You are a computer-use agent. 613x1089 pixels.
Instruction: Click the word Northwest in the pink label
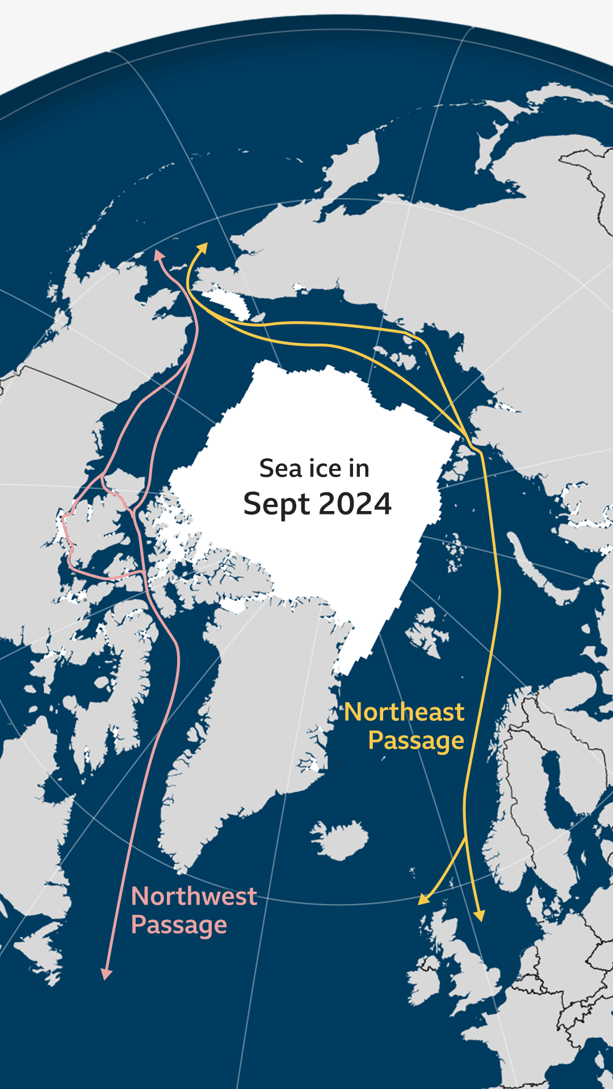click(x=194, y=897)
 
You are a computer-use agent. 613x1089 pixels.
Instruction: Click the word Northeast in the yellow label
click(x=404, y=712)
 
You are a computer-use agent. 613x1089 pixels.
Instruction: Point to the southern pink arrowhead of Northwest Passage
click(x=106, y=974)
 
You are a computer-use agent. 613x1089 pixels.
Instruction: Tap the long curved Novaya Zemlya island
click(x=534, y=567)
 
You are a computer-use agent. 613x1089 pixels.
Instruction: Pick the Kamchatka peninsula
click(x=352, y=164)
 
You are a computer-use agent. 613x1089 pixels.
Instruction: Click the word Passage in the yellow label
click(x=415, y=741)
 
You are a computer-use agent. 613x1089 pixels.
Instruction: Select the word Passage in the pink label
click(x=179, y=925)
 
